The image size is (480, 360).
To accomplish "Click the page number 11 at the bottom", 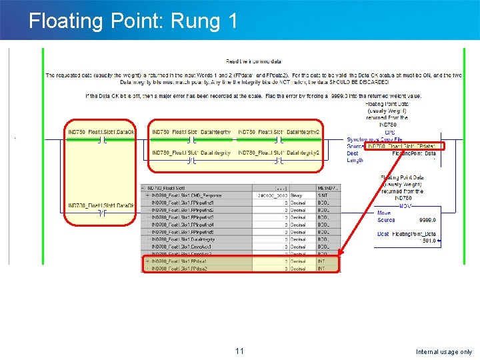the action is coord(240,351).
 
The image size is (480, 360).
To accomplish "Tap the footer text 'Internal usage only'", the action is coord(443,352).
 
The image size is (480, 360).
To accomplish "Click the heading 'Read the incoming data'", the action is coord(253,61).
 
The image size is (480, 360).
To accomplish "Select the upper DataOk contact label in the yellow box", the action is coord(101,132).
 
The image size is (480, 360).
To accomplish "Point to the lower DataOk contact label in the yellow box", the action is coord(101,205).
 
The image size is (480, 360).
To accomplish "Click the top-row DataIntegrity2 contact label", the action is coord(279,132).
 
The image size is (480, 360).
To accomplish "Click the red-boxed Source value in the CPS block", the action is coord(402,146).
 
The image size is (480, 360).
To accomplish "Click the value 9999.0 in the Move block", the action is coord(427,220).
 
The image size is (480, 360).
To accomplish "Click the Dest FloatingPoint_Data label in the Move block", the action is coord(407,234).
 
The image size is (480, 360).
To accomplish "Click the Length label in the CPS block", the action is coord(355,160).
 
